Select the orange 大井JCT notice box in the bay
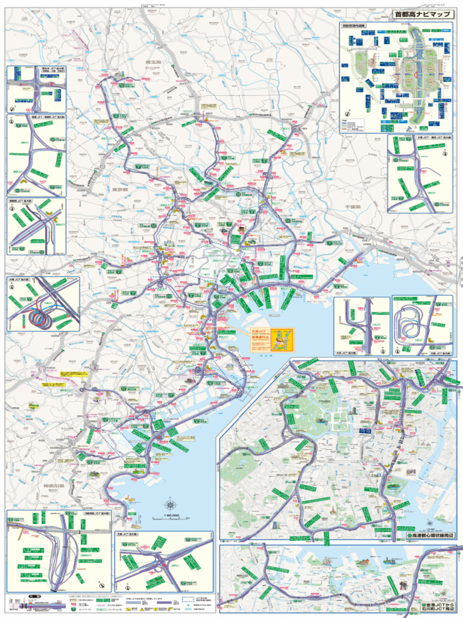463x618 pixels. (272, 339)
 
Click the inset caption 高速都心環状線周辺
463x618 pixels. (430, 535)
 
